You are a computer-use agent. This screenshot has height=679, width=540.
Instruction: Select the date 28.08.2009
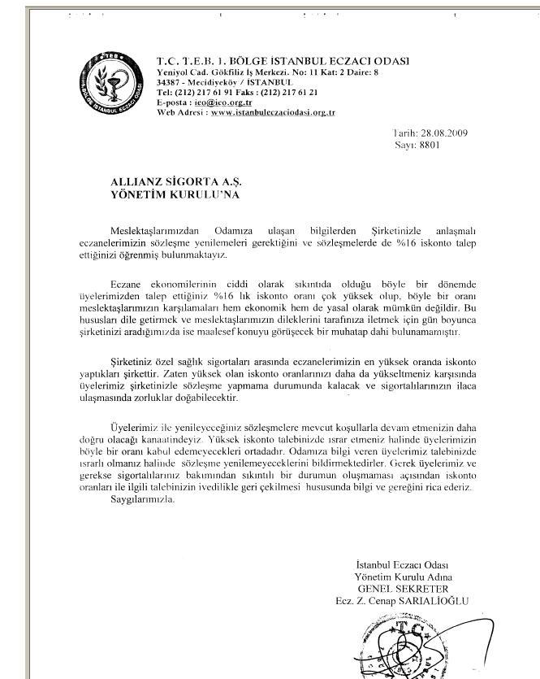443,132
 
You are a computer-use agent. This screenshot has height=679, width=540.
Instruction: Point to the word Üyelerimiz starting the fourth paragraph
134,427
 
